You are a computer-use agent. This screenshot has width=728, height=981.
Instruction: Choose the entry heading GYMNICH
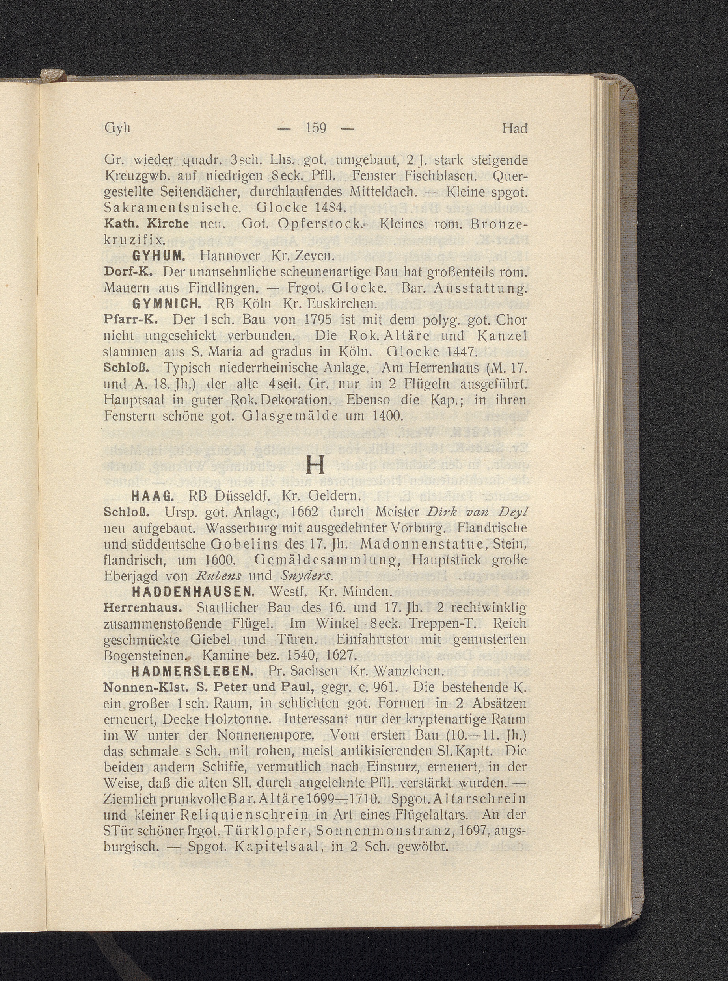click(167, 303)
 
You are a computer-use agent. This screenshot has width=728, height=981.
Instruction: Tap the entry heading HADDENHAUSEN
click(193, 592)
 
